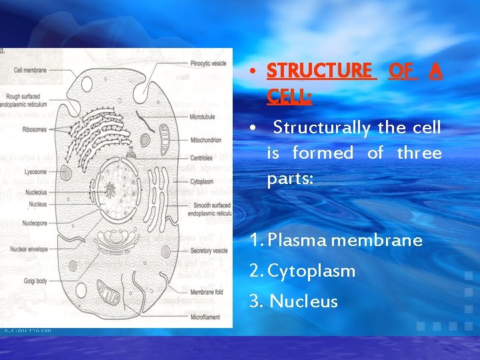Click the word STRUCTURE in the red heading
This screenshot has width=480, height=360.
coord(319,70)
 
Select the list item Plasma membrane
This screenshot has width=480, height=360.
coord(345,240)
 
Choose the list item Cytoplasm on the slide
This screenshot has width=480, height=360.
coord(311,271)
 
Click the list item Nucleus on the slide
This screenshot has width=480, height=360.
coord(303,301)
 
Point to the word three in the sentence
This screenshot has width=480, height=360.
coord(419,153)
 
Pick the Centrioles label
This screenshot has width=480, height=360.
coord(201,158)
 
